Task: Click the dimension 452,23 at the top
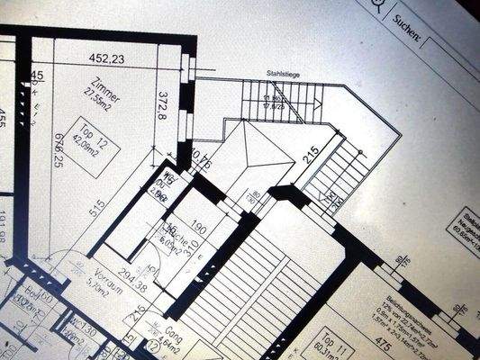[x=106, y=59]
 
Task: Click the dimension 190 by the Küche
[x=201, y=230]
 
